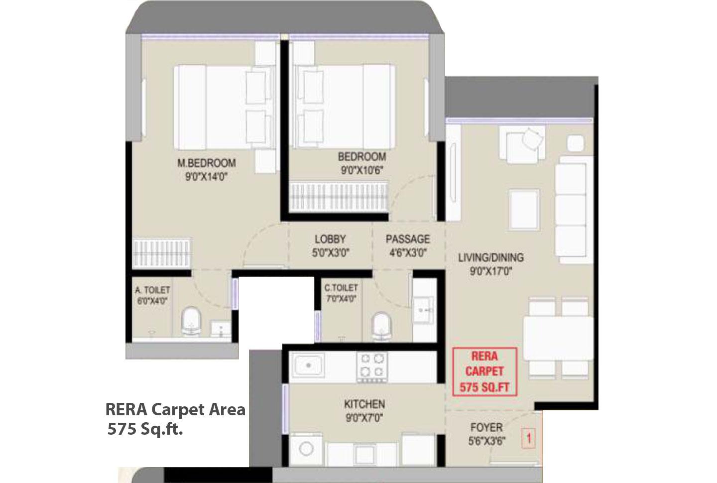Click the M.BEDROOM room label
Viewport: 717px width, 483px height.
(207, 163)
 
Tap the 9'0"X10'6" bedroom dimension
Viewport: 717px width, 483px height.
(361, 170)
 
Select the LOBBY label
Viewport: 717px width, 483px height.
(330, 239)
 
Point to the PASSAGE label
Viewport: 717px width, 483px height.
(407, 239)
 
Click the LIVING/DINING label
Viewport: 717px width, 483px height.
(490, 257)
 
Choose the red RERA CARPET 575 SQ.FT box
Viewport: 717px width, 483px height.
(484, 371)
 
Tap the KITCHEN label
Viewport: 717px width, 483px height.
(364, 404)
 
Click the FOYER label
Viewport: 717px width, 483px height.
(486, 427)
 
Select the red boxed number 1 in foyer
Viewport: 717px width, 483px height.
(529, 439)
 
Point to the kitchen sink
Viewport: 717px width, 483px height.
(308, 366)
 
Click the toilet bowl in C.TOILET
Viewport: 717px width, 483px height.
(382, 326)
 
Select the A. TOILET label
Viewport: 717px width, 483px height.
(152, 290)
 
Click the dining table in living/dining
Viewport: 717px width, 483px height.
(558, 338)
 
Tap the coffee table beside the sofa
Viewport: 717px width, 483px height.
(523, 210)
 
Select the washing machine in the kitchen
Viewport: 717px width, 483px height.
(306, 449)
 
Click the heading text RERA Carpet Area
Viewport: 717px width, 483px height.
(175, 409)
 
